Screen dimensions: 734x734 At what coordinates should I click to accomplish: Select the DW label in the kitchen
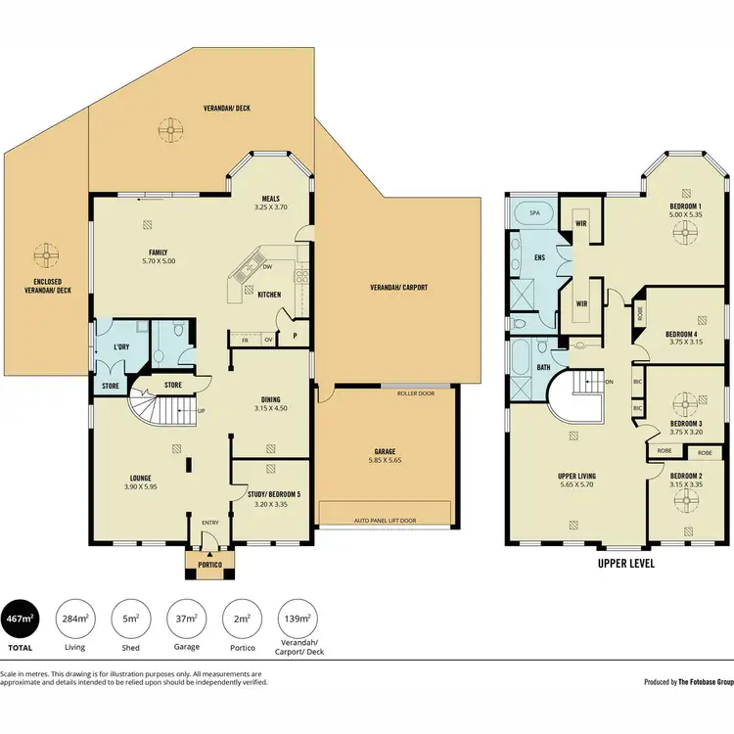click(267, 266)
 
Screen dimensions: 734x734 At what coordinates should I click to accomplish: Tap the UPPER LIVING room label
click(576, 477)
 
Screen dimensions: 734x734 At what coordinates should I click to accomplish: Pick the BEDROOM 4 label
click(682, 333)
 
